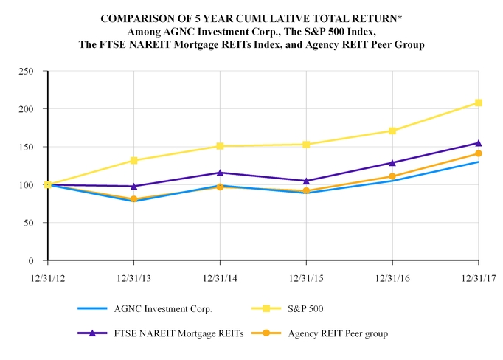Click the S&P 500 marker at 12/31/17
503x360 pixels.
pyautogui.click(x=479, y=103)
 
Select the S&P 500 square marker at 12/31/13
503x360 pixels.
pyautogui.click(x=133, y=160)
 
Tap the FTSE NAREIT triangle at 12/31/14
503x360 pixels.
pyautogui.click(x=220, y=173)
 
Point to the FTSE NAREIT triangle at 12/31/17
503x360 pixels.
pyautogui.click(x=479, y=143)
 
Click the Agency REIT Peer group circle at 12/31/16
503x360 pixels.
pyautogui.click(x=392, y=176)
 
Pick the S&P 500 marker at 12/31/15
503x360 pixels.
pyautogui.click(x=306, y=145)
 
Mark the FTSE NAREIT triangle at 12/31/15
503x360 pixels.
pyautogui.click(x=306, y=181)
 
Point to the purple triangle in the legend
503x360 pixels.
pyautogui.click(x=92, y=333)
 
